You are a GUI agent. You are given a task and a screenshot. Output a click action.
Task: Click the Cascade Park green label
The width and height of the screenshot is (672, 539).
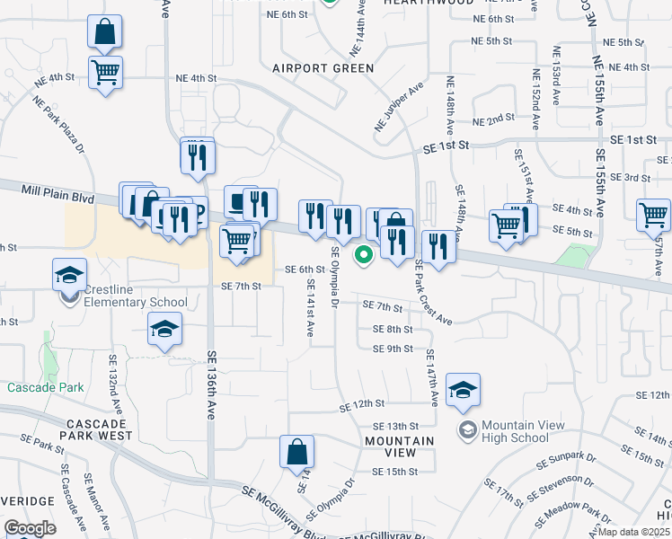point(45,388)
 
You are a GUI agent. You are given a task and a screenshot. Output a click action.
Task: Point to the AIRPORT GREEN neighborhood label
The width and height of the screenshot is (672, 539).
point(323,68)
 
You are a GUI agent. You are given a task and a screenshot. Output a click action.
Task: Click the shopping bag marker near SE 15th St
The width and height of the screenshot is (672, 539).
point(296,454)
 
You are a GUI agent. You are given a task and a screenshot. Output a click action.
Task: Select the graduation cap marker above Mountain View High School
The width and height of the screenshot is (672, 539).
point(463,389)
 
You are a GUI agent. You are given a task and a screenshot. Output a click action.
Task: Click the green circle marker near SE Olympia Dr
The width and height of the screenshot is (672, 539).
point(364,255)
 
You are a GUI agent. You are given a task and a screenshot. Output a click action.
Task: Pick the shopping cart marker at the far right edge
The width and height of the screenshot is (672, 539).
point(653,216)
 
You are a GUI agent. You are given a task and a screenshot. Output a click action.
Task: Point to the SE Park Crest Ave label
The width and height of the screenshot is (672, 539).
point(431,293)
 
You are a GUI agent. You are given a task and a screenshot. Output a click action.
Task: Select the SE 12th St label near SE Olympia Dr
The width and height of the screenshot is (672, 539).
point(362,406)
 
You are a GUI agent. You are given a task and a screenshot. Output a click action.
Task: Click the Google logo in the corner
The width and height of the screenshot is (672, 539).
point(30,528)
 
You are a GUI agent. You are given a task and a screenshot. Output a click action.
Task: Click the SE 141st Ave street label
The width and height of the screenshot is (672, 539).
point(310,307)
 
